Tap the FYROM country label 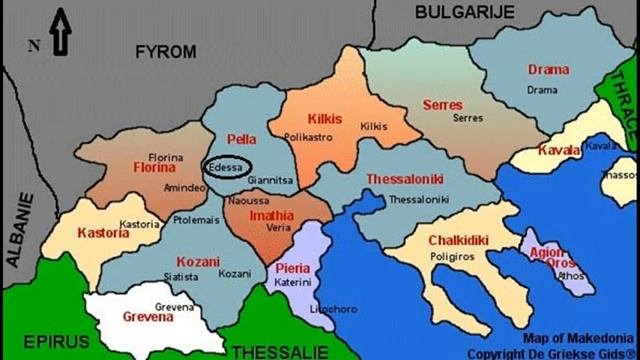pyautogui.click(x=166, y=52)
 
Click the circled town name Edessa pyautogui.click(x=225, y=168)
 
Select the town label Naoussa pyautogui.click(x=248, y=201)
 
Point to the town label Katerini pyautogui.click(x=294, y=283)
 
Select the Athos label pyautogui.click(x=570, y=276)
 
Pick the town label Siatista pyautogui.click(x=181, y=276)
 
